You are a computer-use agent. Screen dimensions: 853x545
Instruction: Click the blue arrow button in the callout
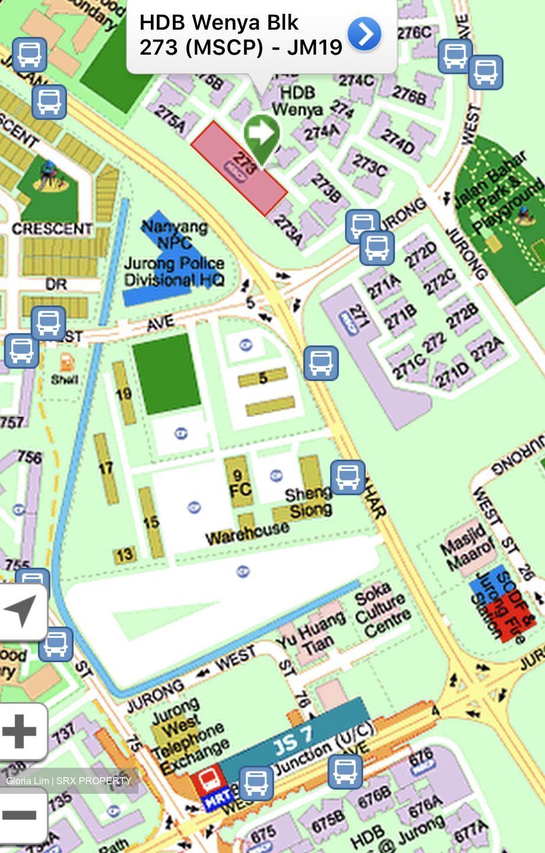click(364, 34)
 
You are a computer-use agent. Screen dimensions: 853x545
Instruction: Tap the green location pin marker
click(261, 135)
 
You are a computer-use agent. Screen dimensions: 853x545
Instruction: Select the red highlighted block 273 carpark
click(239, 168)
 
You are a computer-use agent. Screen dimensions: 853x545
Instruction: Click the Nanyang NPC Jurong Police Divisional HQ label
click(175, 254)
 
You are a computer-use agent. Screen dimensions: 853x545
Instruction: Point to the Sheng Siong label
click(309, 502)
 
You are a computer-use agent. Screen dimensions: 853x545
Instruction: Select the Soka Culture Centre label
click(382, 610)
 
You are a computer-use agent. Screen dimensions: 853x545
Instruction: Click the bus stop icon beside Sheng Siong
click(347, 477)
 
